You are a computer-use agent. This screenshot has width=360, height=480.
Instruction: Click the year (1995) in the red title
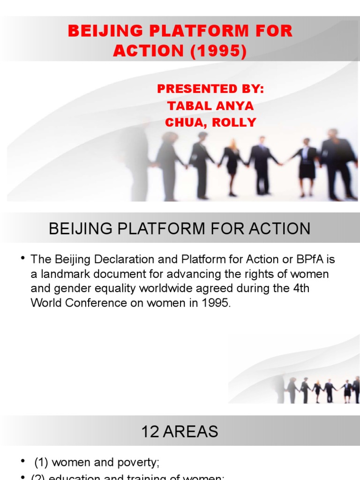point(218,51)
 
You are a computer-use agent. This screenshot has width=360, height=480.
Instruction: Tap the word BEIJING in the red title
point(97,31)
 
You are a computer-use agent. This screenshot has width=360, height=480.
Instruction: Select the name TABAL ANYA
point(210,106)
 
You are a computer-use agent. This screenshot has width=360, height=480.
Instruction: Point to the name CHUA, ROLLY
point(210,123)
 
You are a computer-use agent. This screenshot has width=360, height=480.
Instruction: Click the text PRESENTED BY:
point(210,89)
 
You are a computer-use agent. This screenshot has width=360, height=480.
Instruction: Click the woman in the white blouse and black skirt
point(307,164)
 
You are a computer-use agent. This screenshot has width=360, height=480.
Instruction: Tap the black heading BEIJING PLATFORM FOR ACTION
point(180,229)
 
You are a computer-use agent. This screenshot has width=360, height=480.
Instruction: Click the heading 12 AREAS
point(180,432)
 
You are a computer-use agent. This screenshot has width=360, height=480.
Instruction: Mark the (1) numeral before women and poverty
point(41,463)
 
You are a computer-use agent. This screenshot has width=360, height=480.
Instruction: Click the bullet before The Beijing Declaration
point(22,259)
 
